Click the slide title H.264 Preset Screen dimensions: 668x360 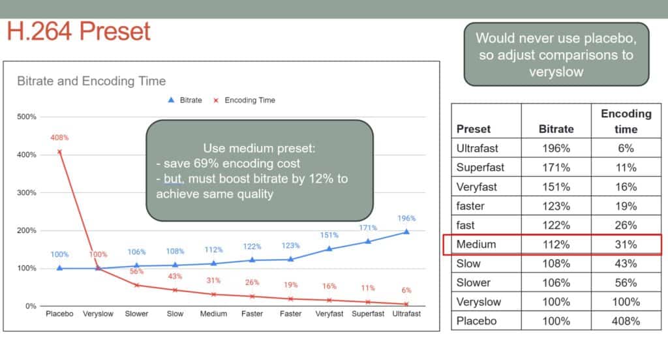78,31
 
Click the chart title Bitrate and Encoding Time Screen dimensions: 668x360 91,81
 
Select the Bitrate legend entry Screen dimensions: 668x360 185,100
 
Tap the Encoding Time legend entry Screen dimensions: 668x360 244,100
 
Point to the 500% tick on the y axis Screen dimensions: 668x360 26,117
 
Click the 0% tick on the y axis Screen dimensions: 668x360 31,306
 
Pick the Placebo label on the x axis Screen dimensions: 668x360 59,314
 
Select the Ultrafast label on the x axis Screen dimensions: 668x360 406,314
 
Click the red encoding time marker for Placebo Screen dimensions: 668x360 59,152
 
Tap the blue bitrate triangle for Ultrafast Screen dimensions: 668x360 406,232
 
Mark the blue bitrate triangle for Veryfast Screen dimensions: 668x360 329,249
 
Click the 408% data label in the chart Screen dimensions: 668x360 59,138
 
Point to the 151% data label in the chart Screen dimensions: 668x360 329,235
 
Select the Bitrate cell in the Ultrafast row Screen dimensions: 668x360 556,148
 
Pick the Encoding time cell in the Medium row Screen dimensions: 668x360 626,245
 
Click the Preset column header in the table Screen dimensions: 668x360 474,129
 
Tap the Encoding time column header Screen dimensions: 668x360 626,121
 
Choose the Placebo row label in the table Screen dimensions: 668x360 476,321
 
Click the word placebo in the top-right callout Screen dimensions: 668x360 610,38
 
